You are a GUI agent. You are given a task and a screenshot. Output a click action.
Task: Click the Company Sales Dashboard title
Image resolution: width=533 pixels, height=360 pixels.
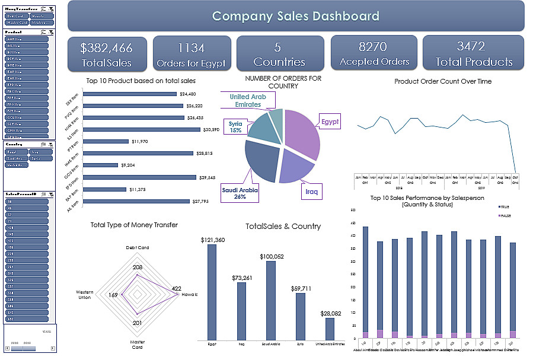click(x=296, y=16)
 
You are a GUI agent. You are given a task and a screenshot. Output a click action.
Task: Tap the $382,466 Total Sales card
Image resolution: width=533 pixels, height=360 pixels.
click(x=106, y=54)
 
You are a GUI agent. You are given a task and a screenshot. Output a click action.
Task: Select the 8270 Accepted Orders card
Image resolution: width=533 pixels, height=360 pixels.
click(x=374, y=53)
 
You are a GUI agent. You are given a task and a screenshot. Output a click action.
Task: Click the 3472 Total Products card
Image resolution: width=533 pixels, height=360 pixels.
click(x=474, y=53)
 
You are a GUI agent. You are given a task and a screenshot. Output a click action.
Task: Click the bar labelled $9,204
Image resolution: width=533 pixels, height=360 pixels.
click(x=100, y=165)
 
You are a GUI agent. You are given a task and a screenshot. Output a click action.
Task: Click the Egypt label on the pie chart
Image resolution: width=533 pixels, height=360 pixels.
click(x=330, y=122)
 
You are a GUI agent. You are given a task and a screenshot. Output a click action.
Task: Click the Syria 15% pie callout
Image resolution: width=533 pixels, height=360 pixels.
click(x=235, y=127)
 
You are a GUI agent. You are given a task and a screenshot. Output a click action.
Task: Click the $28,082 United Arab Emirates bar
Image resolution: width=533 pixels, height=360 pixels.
click(x=330, y=329)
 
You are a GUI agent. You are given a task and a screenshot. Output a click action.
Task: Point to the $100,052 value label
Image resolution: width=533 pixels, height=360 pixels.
click(x=271, y=256)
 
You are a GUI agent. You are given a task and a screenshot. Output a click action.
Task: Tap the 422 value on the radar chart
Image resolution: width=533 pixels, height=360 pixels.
click(x=176, y=289)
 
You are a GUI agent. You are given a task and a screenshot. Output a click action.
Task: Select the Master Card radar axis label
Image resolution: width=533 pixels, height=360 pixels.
click(x=137, y=345)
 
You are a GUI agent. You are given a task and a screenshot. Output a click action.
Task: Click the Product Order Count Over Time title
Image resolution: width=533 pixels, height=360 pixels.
click(x=442, y=81)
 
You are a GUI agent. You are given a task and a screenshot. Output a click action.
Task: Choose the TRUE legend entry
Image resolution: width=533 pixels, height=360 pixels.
click(x=505, y=206)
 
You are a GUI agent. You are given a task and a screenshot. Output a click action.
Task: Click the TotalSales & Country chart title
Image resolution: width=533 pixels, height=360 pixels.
click(x=283, y=226)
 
